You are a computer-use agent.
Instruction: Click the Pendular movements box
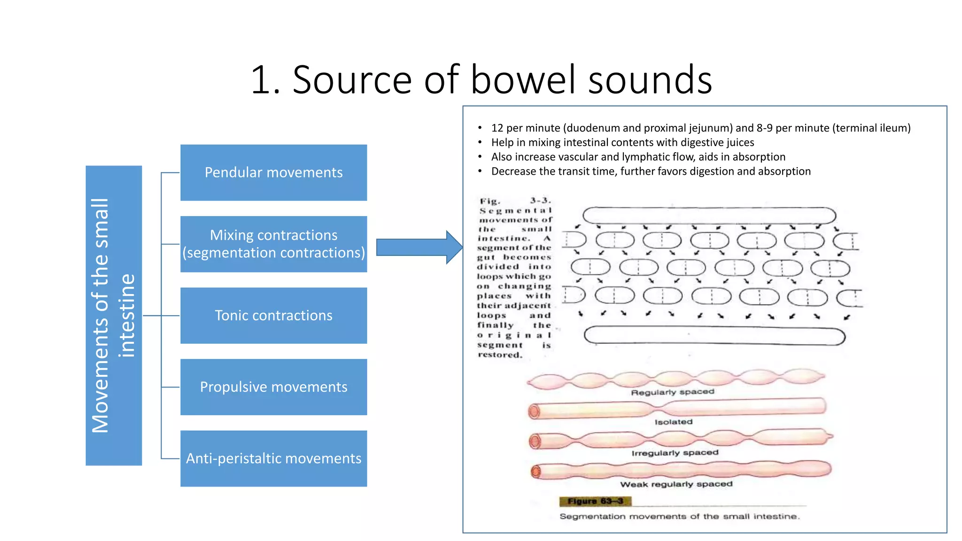[273, 172]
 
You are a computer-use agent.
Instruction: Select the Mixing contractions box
[273, 244]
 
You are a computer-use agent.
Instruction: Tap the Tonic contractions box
[273, 315]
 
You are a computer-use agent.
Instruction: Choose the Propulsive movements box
[273, 386]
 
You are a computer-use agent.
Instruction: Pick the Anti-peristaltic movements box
[273, 458]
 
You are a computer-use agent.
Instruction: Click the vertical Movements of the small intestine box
[114, 315]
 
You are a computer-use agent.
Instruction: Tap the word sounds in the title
[650, 80]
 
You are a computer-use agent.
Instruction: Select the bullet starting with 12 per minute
[700, 128]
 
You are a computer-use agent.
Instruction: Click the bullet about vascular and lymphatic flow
[638, 157]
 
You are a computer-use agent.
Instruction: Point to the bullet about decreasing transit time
[651, 171]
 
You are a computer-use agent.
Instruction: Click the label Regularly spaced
[672, 392]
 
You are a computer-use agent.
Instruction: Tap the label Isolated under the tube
[674, 422]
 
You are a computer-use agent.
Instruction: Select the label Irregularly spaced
[675, 453]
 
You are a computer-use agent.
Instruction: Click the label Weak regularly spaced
[676, 484]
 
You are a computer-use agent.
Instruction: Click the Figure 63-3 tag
[595, 501]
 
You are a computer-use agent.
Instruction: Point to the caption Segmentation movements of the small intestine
[679, 517]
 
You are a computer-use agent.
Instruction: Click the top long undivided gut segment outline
[709, 216]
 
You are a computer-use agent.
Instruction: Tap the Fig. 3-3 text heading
[515, 201]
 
